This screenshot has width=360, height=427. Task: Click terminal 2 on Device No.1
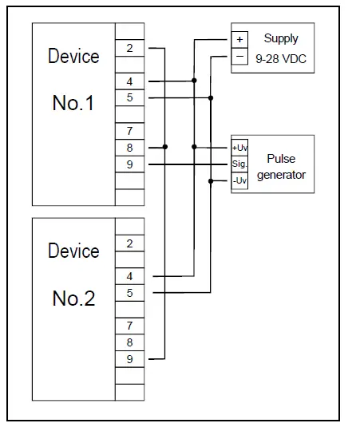click(x=129, y=48)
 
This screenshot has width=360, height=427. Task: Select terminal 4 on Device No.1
click(x=129, y=81)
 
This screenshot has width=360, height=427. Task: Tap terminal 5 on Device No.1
click(x=129, y=97)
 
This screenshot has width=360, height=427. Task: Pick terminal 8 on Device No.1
click(x=129, y=147)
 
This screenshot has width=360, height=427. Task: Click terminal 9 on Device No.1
click(x=129, y=164)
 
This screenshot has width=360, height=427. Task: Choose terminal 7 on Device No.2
click(x=129, y=325)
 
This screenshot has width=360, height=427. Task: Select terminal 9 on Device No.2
click(x=129, y=358)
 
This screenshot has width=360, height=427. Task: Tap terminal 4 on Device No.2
click(x=129, y=276)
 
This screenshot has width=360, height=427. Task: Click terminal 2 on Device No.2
click(x=129, y=243)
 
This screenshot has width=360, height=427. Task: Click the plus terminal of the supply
click(x=240, y=39)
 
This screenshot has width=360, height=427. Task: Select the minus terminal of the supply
click(x=240, y=57)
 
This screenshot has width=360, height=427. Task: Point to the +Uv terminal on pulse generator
click(x=239, y=148)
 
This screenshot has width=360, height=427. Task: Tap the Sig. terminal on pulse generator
click(x=239, y=164)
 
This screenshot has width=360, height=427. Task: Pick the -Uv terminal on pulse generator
click(x=239, y=181)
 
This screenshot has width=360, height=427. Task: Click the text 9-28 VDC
click(x=281, y=57)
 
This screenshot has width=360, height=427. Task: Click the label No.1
click(x=73, y=103)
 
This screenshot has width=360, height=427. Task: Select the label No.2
click(x=73, y=299)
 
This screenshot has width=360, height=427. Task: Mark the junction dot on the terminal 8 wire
click(x=164, y=147)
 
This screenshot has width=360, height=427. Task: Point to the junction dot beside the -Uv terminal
click(x=211, y=181)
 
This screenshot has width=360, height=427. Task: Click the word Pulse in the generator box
click(x=281, y=159)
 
